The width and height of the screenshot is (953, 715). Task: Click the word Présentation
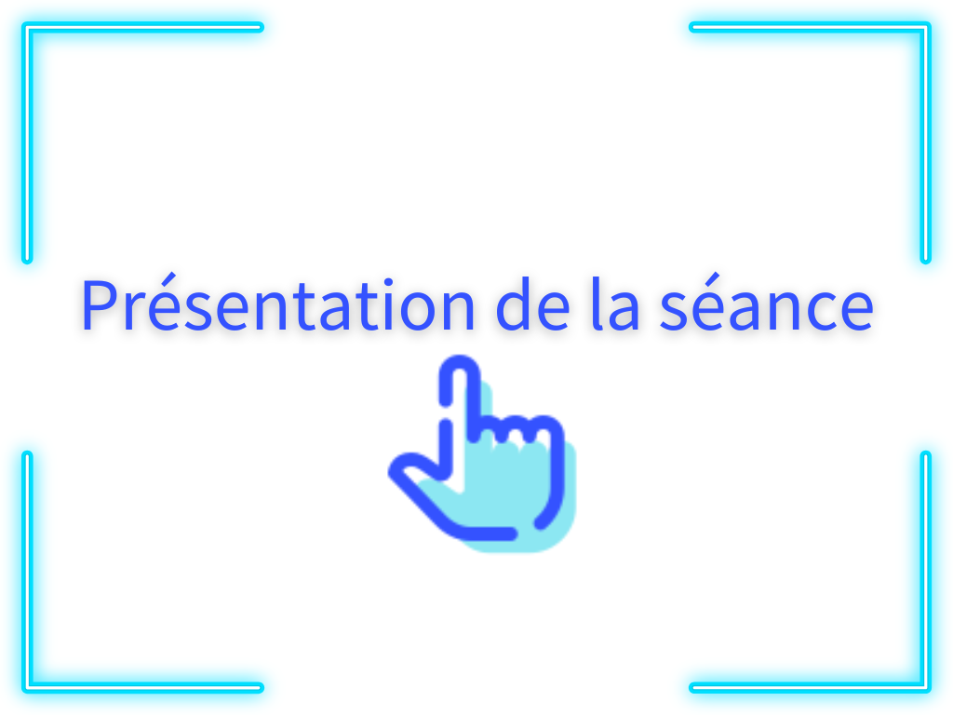point(277,303)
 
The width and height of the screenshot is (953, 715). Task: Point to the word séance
point(767,303)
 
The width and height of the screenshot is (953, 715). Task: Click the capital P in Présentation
point(101,304)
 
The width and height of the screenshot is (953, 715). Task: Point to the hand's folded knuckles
point(517,428)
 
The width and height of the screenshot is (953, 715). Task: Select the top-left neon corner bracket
point(27,27)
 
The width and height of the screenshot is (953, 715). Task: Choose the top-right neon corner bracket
point(926,27)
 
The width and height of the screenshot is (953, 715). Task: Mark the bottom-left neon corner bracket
point(27,688)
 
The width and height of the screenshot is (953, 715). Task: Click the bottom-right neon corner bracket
point(926,688)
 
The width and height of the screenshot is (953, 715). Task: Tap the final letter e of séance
point(855,311)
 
